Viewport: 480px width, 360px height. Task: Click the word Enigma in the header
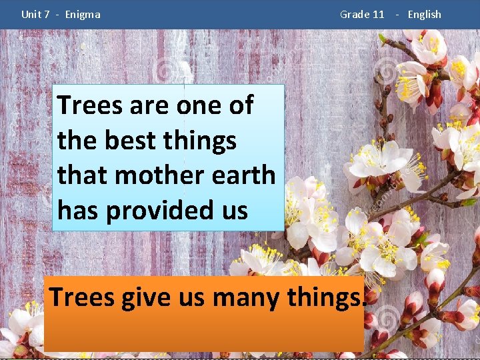tap(83, 14)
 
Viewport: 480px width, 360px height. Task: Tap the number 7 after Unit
tap(47, 14)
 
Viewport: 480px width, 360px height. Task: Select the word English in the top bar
tap(424, 14)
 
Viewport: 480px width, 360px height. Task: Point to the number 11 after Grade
tap(378, 14)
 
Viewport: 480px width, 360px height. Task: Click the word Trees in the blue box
tap(89, 105)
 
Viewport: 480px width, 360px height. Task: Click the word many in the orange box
tap(247, 297)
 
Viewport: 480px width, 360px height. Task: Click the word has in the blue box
tap(78, 211)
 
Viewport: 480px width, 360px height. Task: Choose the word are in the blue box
tap(149, 105)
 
